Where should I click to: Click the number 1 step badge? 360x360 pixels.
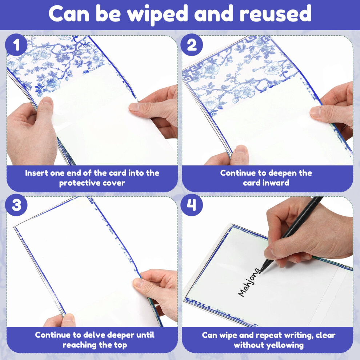click(16, 44)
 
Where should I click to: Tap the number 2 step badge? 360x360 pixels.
click(192, 44)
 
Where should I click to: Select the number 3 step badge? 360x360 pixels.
click(16, 205)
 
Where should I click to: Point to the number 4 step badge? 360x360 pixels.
click(192, 205)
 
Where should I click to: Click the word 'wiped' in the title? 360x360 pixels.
click(158, 14)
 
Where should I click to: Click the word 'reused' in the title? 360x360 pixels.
click(275, 14)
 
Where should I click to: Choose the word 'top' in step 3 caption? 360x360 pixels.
click(120, 345)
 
